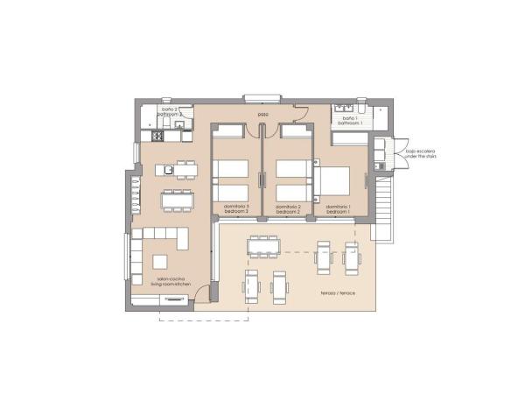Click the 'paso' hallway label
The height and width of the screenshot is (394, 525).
pos(262,115)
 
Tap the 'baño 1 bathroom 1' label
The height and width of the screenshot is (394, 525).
pos(349,121)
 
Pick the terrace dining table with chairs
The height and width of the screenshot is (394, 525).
pos(262,248)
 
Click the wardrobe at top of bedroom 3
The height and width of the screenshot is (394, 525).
pos(230,130)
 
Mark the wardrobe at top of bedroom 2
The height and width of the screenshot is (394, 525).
pos(296,130)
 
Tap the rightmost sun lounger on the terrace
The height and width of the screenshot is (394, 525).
pos(351,257)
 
